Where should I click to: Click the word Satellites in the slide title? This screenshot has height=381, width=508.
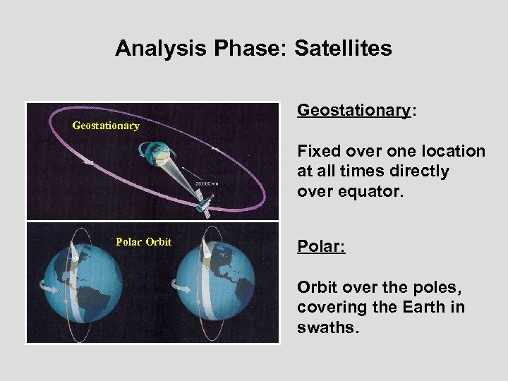tap(343, 48)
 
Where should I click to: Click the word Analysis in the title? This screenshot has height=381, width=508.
tap(152, 48)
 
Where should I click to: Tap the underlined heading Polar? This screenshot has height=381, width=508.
tap(321, 248)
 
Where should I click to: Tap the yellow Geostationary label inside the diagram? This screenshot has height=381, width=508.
tap(106, 126)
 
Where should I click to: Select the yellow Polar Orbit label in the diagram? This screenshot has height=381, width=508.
tap(143, 242)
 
